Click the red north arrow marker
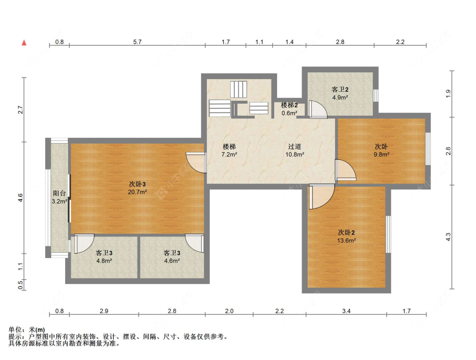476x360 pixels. pos(24,43)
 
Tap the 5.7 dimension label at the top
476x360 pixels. pos(137,42)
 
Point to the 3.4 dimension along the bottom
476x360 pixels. pos(347,311)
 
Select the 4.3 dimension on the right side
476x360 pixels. pos(448,237)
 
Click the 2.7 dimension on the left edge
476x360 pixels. pos(20,110)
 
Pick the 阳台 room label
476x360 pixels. pos(59,193)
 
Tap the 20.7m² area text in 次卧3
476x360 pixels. pos(138,192)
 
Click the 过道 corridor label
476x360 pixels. pos(294,147)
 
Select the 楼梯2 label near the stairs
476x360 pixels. pos(289,105)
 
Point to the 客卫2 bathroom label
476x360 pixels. pos(340,90)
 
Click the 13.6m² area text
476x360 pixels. pos(347,240)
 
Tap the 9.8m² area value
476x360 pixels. pos(382,154)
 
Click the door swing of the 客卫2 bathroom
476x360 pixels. pos(318,109)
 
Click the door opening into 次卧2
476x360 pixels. pos(322,196)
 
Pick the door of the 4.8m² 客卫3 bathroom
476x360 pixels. pos(84,243)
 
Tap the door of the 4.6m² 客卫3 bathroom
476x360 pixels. pos(195,243)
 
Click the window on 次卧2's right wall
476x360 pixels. pos(388,234)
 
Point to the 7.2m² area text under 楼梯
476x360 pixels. pos(229,154)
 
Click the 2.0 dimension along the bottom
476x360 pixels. pos(229,311)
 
